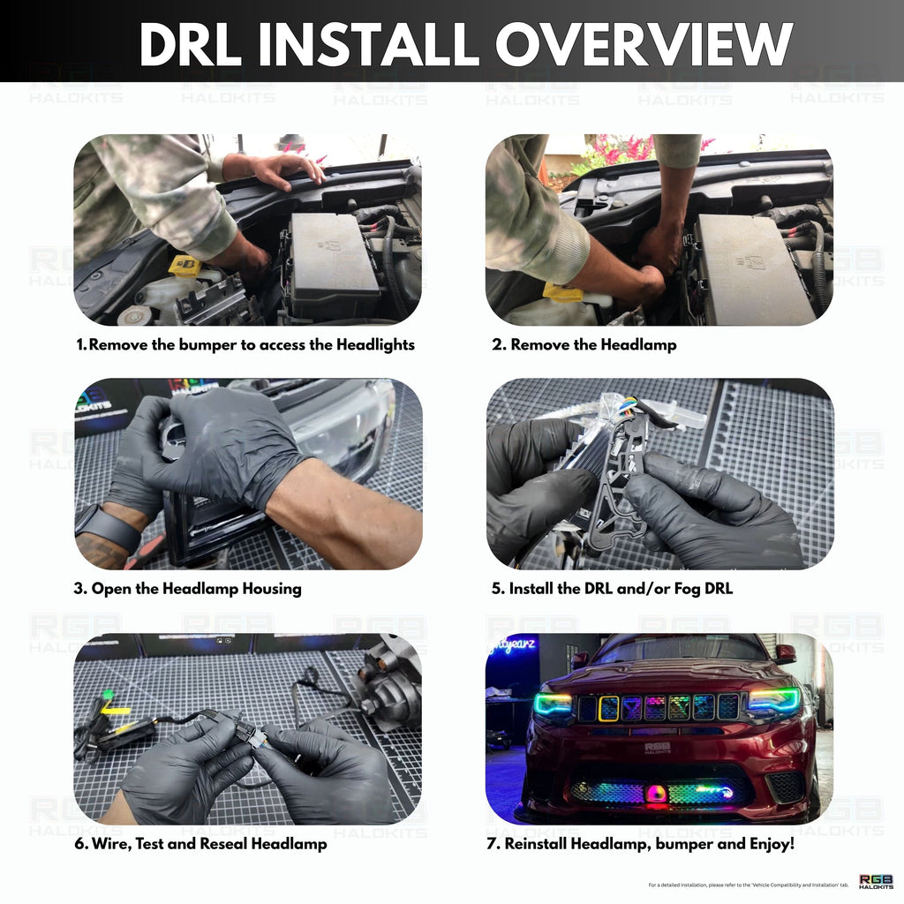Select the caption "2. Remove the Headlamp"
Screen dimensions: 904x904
click(x=584, y=344)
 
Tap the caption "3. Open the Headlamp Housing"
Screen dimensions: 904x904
click(x=187, y=588)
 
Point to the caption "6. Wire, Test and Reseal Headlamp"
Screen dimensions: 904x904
click(x=200, y=844)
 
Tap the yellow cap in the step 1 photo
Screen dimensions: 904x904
click(x=185, y=265)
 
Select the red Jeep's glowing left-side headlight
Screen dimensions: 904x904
click(x=553, y=704)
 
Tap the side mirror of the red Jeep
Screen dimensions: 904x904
click(x=784, y=654)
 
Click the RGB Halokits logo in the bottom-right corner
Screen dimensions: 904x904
click(x=876, y=881)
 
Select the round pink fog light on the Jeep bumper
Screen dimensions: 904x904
click(x=656, y=793)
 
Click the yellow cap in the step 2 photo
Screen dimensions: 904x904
click(x=562, y=291)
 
